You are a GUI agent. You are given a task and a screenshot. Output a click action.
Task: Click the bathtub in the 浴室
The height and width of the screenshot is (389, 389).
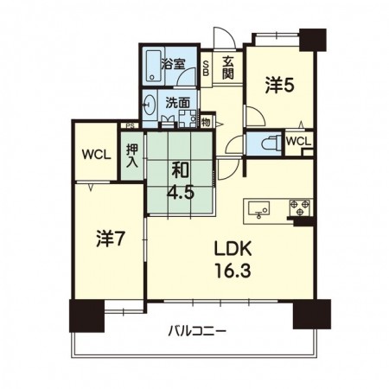click(153, 67)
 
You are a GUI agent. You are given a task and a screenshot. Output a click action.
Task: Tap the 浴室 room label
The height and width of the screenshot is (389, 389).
click(173, 64)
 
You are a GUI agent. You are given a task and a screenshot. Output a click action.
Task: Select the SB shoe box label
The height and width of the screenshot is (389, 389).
click(206, 68)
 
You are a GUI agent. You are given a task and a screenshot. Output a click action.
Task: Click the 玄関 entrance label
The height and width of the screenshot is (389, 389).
click(227, 68)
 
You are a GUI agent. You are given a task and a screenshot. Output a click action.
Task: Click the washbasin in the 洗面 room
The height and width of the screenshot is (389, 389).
click(150, 105)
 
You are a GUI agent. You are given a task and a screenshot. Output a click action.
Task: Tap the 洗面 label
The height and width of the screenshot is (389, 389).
click(177, 102)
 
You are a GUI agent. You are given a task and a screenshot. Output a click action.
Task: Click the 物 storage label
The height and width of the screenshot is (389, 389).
click(206, 122)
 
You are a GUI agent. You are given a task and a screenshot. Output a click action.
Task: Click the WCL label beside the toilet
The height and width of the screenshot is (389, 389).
click(298, 142)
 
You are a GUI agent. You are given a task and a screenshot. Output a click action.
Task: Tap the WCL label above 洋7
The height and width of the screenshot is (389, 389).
click(96, 155)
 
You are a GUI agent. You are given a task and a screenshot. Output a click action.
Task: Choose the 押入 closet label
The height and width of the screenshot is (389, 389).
click(132, 156)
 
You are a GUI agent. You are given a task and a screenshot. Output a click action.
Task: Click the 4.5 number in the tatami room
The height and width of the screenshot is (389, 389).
click(181, 193)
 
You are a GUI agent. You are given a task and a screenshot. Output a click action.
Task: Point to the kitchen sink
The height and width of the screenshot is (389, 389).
click(259, 209)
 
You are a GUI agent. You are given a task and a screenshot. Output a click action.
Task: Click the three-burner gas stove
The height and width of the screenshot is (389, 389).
click(300, 207)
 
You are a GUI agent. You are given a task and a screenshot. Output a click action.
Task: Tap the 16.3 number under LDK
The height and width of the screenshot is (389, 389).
click(233, 270)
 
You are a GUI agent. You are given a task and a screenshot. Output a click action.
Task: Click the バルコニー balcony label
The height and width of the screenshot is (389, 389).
click(197, 331)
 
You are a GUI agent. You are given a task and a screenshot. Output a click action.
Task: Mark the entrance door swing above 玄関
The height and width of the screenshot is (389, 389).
click(225, 38)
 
